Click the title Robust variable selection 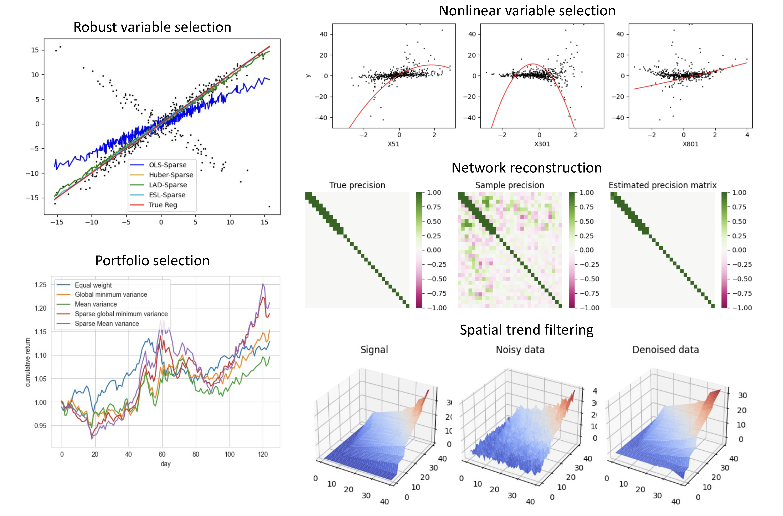(x=152, y=27)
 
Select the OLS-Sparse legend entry (x=167, y=165)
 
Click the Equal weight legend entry (x=93, y=285)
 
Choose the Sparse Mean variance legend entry (x=107, y=324)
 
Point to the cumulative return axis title (x=28, y=362)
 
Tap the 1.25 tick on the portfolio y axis (x=41, y=285)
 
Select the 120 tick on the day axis (x=263, y=454)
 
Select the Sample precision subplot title (x=510, y=185)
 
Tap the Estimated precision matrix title (x=662, y=185)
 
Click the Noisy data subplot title (x=520, y=350)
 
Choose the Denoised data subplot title (x=665, y=350)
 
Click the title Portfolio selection (x=152, y=261)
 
